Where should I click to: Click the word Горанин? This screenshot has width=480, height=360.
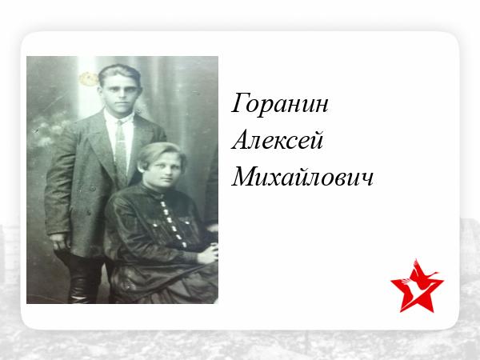point(279,104)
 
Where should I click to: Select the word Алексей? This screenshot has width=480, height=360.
point(278,139)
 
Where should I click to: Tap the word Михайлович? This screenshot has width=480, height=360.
point(302,177)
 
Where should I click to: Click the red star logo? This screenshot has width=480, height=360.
point(417,286)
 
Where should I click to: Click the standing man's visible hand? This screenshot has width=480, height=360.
point(59,242)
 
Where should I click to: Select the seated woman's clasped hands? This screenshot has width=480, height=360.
point(208,253)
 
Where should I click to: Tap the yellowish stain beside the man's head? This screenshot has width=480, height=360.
point(89,79)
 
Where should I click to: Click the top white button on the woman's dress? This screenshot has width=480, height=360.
point(162,203)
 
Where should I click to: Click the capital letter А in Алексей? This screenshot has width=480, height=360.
point(241,139)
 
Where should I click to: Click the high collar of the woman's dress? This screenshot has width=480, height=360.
point(154,191)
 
